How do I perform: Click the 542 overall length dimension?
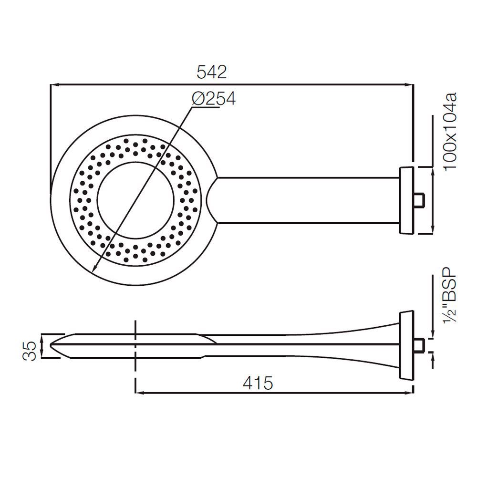[x=212, y=73]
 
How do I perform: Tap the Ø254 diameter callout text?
[x=213, y=99]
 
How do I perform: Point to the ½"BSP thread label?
[x=450, y=299]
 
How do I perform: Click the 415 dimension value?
[x=258, y=383]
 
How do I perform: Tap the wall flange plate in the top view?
[x=406, y=200]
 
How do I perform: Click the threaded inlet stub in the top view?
[x=418, y=200]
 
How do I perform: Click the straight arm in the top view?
[x=305, y=200]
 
